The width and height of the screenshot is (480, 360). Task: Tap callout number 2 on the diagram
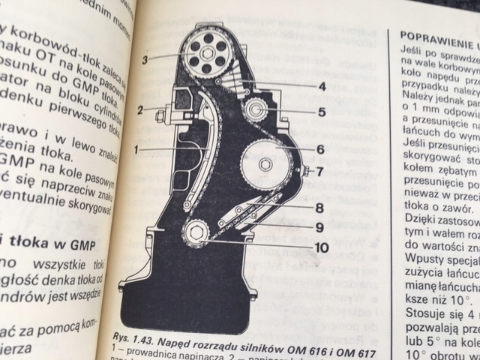(x=140, y=110)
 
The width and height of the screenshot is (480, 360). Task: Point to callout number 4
(x=321, y=86)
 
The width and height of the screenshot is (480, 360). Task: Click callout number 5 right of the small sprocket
(x=320, y=113)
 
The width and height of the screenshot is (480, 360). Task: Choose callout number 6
(x=320, y=149)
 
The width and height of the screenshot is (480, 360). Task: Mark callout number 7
(x=320, y=172)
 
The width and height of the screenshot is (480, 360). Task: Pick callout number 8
(x=319, y=205)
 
